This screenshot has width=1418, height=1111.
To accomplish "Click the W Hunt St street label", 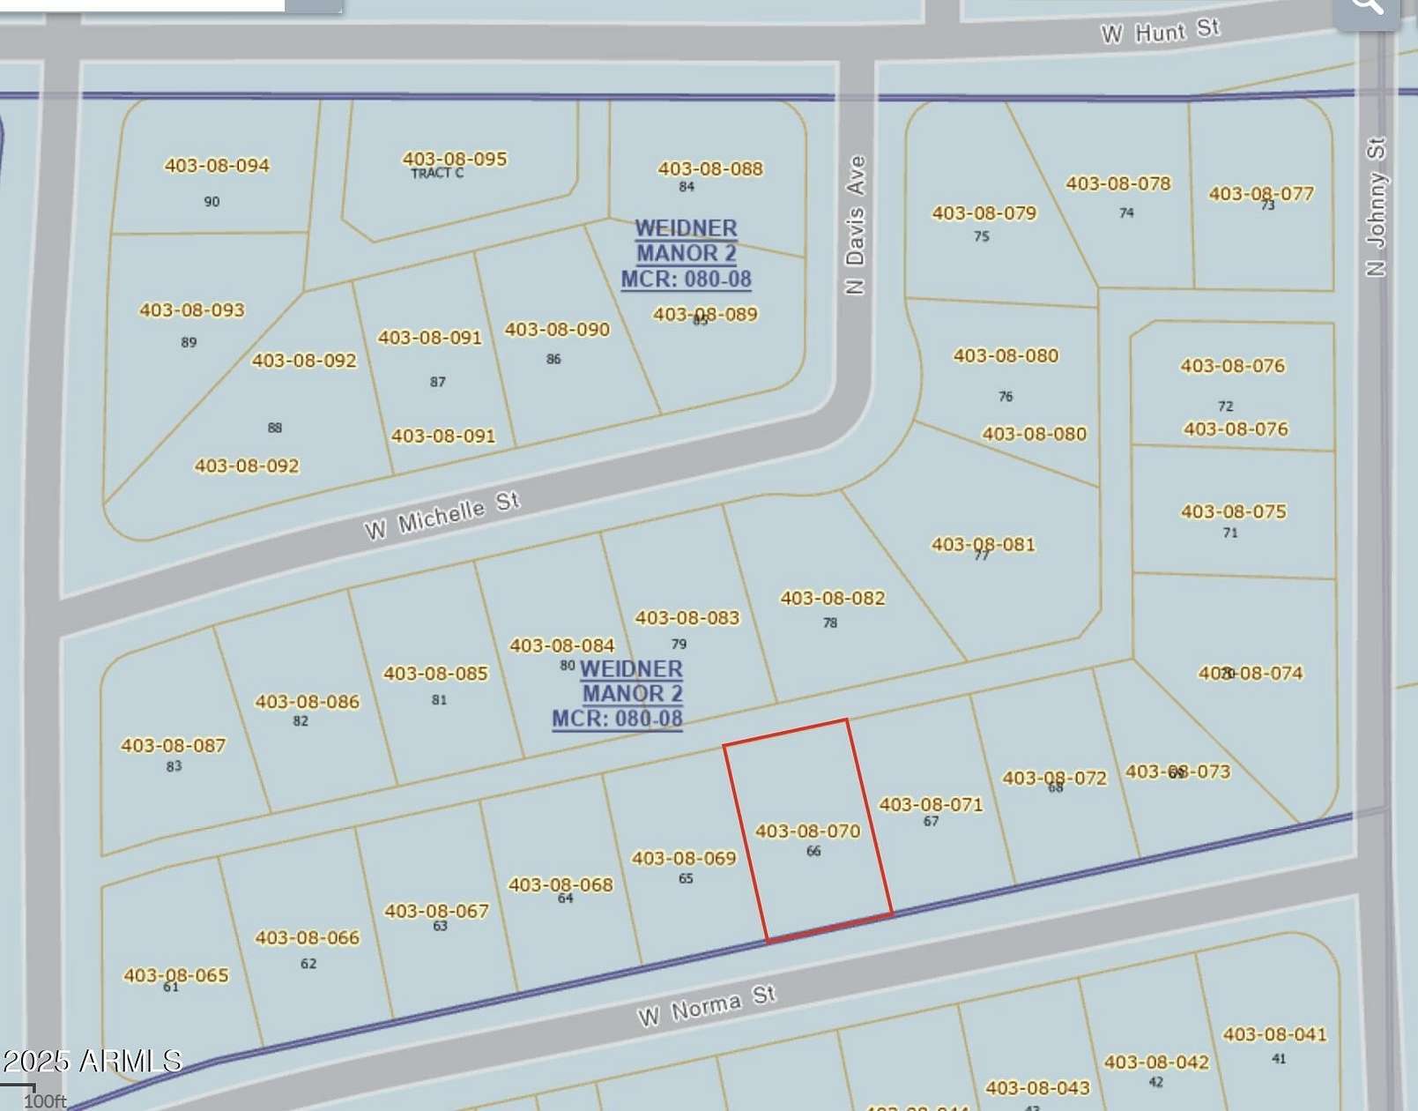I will (1160, 32).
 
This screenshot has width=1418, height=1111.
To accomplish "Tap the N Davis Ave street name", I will (855, 225).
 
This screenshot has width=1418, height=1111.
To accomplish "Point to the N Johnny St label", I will (1376, 206).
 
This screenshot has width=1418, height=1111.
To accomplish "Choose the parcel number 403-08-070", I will (807, 831).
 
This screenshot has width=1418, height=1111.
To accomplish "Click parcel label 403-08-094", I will (217, 165).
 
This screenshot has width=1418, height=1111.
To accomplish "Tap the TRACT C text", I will (437, 174).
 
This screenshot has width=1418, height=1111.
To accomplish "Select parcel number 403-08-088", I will (710, 168).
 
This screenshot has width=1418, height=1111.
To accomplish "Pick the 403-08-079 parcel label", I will (984, 213).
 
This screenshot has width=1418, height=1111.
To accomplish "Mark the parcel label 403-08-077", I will (1261, 193).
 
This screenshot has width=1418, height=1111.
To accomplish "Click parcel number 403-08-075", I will (1233, 511).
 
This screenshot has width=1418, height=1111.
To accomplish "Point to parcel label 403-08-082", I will (832, 598).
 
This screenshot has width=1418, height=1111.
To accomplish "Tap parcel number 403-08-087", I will (173, 745).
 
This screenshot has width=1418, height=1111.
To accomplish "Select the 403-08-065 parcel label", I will (175, 975).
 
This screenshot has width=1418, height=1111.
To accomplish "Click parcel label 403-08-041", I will (1274, 1034).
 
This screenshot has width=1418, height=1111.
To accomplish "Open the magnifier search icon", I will (1367, 7).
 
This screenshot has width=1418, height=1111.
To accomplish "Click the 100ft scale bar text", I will (44, 1101).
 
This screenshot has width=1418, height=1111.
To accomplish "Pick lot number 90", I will (212, 202).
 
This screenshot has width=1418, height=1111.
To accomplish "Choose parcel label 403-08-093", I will (191, 309).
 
